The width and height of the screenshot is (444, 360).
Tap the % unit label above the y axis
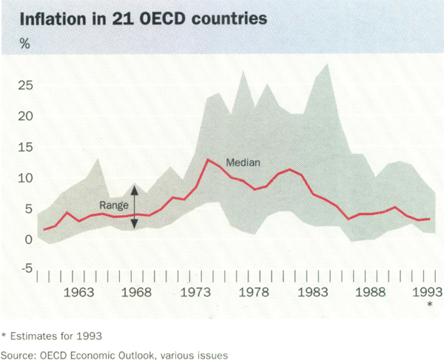click(24, 42)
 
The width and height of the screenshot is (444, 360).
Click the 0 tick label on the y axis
click(29, 240)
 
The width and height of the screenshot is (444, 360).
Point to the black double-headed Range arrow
click(135, 206)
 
